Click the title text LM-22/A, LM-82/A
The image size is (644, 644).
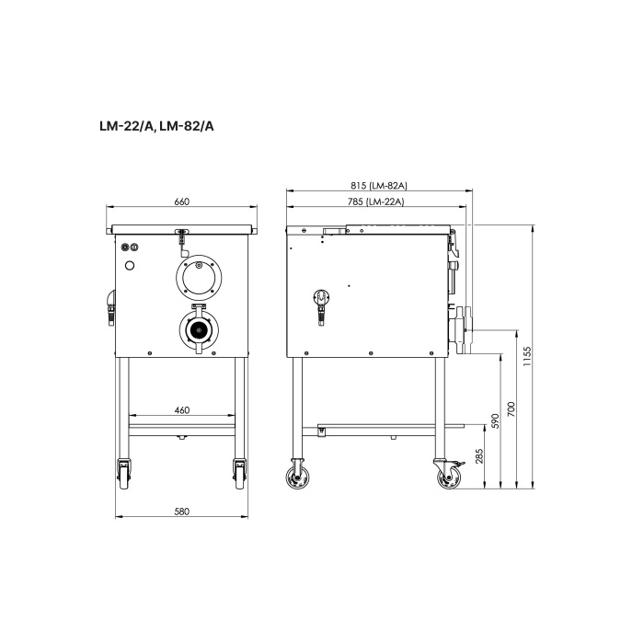156,127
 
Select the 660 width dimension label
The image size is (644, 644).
181,201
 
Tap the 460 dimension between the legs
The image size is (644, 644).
182,410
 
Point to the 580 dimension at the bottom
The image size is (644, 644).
182,512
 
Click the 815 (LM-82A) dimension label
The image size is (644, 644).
379,186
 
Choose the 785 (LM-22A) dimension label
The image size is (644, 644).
376,201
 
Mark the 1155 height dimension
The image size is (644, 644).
528,356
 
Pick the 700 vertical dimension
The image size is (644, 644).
511,409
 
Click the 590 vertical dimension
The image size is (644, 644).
495,421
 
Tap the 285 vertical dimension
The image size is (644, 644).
479,456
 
